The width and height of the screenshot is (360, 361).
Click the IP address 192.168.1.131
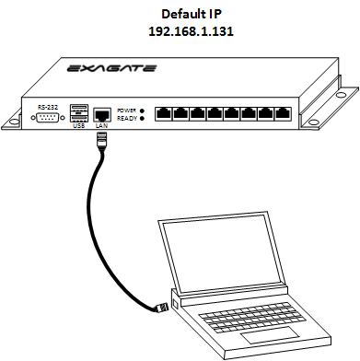(x=191, y=31)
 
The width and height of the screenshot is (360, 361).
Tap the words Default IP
(x=192, y=14)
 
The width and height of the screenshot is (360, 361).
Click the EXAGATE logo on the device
(x=111, y=68)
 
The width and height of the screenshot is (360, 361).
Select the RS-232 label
(x=48, y=108)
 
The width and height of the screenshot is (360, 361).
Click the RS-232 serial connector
(x=48, y=118)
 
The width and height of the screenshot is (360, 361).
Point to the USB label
(x=79, y=126)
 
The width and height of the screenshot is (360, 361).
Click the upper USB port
(x=79, y=110)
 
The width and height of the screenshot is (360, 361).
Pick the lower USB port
(x=79, y=119)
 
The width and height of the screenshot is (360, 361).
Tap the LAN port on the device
(x=102, y=115)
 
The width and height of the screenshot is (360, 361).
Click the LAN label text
(x=102, y=126)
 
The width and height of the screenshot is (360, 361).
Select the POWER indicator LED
(x=142, y=111)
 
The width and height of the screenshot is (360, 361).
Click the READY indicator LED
(x=142, y=118)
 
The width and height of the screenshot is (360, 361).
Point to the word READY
(x=127, y=119)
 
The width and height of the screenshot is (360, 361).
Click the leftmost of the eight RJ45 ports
(x=164, y=113)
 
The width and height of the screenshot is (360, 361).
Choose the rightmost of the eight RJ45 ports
(x=283, y=113)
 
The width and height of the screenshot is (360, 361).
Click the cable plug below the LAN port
(x=101, y=140)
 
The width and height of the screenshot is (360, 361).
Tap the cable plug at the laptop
(x=162, y=308)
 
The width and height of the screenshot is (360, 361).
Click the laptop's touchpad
(x=270, y=335)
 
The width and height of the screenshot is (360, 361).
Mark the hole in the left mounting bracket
(x=14, y=122)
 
